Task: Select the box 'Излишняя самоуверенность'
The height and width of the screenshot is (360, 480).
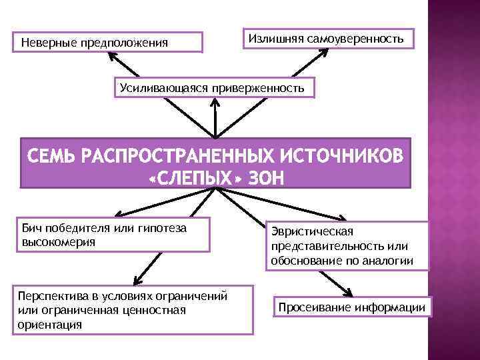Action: [326, 38]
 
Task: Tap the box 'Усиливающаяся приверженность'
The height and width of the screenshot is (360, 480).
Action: [212, 87]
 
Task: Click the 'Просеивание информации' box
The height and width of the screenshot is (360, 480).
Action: [351, 307]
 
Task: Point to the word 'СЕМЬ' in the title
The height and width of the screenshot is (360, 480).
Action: [53, 156]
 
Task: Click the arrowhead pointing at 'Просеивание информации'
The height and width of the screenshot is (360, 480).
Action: [349, 291]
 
